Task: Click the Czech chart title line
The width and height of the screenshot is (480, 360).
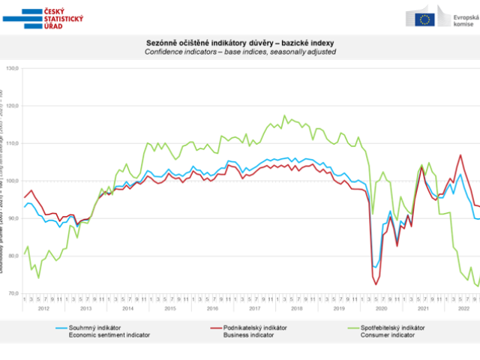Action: click(x=240, y=44)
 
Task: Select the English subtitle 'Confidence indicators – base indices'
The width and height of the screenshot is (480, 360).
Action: click(x=240, y=52)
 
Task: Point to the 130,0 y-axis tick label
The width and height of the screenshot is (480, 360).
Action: click(x=11, y=68)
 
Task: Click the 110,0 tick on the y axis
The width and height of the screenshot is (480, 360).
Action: click(x=11, y=143)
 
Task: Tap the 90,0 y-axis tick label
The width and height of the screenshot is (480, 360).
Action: click(x=11, y=218)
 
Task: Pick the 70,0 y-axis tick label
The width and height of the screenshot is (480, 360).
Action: click(x=11, y=293)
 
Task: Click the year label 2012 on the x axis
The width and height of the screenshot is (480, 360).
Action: click(x=43, y=307)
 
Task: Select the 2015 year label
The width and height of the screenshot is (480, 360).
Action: click(x=170, y=307)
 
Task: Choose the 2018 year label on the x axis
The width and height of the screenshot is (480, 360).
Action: click(x=297, y=307)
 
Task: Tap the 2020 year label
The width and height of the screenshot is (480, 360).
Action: click(x=382, y=307)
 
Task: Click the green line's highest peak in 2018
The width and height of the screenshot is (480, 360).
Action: click(x=284, y=115)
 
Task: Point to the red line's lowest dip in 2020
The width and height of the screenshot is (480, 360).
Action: click(x=376, y=284)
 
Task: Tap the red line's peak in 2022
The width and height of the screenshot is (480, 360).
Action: click(x=460, y=155)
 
